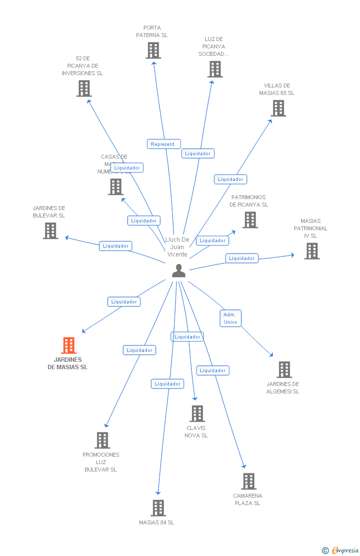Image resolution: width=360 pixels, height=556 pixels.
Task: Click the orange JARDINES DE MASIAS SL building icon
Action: [69, 345]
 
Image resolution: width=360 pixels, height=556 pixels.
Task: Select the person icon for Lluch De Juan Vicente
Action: [179, 270]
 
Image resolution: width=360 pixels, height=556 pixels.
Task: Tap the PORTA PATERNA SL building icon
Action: [153, 50]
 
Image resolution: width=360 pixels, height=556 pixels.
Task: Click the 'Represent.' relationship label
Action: [164, 144]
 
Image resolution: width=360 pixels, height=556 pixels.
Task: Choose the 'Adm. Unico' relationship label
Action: [230, 318]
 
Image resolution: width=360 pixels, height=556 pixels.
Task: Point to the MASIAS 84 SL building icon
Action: [158, 508]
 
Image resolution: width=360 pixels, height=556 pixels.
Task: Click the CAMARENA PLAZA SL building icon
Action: [249, 481]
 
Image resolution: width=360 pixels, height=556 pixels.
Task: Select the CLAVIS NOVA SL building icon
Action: [197, 414]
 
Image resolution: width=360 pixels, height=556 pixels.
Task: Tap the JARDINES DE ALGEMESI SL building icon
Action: [284, 369]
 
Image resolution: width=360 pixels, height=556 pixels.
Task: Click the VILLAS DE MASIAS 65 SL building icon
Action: [278, 108]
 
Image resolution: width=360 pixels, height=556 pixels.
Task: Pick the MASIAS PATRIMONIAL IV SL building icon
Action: [312, 251]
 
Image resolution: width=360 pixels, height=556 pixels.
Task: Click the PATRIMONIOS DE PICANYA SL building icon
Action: [250, 220]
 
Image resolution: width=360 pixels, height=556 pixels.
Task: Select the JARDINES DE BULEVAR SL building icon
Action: [50, 231]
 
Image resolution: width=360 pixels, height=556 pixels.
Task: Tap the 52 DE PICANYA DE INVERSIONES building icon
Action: [84, 88]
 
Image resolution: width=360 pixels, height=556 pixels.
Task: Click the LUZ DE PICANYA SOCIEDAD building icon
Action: [215, 69]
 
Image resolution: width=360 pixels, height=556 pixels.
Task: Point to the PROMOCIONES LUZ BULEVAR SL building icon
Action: [102, 440]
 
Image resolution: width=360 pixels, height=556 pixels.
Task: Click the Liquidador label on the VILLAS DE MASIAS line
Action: [230, 179]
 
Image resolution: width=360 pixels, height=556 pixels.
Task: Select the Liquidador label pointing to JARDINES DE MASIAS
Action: [124, 301]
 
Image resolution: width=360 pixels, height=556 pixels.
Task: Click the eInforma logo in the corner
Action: [341, 550]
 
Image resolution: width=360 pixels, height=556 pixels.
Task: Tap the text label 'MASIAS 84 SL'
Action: [157, 522]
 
